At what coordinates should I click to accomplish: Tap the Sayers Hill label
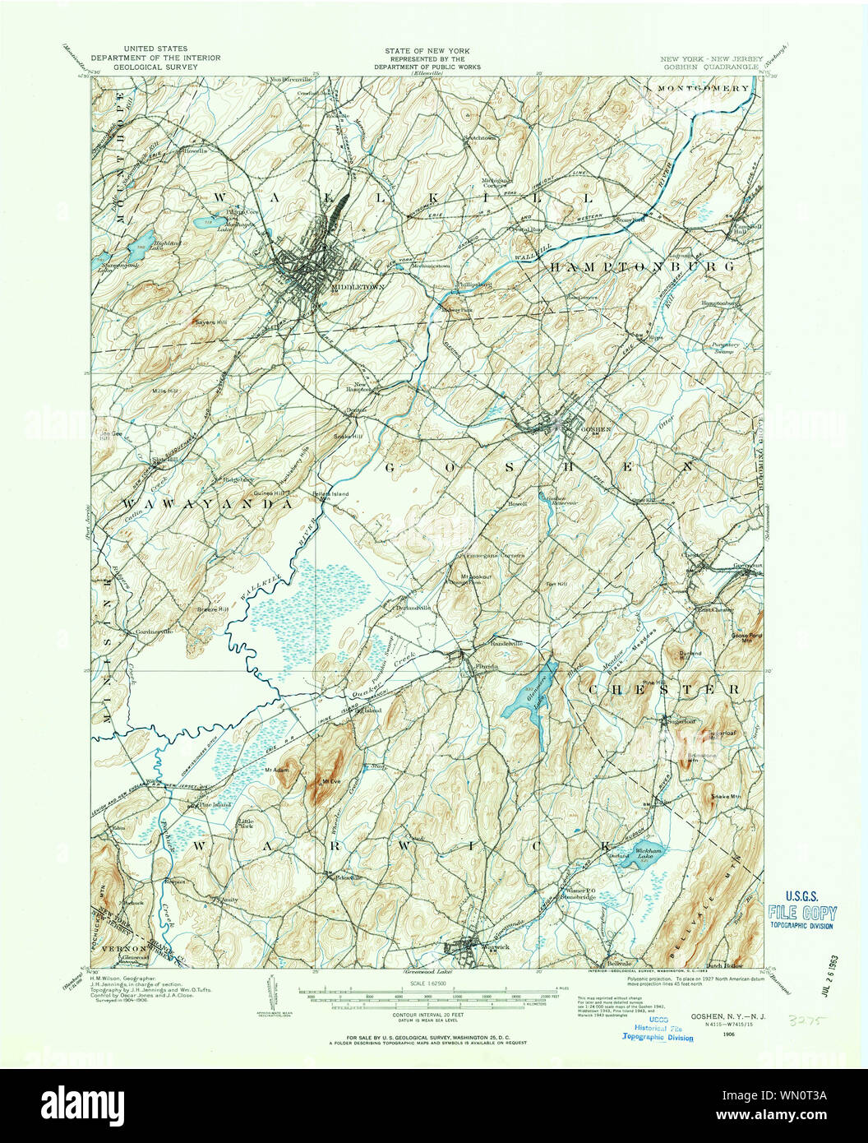210,322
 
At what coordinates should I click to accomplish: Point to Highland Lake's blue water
143,239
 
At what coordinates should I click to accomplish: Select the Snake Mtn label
726,796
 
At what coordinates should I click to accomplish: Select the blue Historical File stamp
658,1032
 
